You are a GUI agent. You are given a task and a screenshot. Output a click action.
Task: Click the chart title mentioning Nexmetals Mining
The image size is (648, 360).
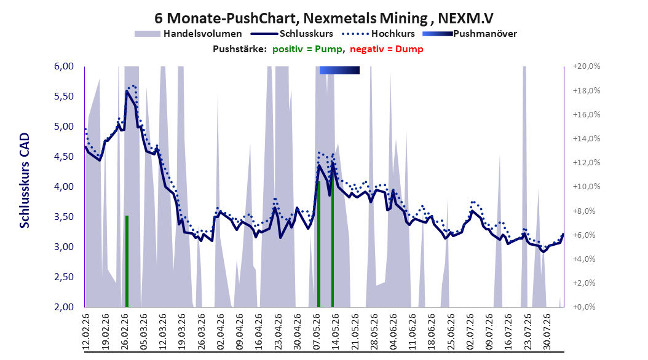pyautogui.click(x=323, y=18)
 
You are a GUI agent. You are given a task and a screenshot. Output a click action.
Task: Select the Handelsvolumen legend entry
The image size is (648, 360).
pyautogui.click(x=189, y=34)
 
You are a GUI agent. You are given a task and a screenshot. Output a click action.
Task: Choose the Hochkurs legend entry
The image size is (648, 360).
pyautogui.click(x=378, y=34)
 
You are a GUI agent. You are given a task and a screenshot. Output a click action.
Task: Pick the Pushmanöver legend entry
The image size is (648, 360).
pyautogui.click(x=470, y=34)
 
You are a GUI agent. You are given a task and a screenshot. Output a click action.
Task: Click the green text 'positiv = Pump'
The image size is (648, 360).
pyautogui.click(x=307, y=49)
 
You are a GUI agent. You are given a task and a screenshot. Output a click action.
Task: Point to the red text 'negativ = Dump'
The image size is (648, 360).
pyautogui.click(x=387, y=49)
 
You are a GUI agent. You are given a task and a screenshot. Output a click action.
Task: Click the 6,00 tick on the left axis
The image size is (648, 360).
pyautogui.click(x=64, y=66)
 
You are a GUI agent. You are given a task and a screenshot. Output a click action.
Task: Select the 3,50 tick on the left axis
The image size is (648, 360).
pyautogui.click(x=64, y=217)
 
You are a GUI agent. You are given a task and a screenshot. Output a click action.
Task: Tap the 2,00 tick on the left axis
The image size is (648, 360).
pyautogui.click(x=64, y=307)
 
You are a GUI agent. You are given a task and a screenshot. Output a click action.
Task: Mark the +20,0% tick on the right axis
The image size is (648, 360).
pyautogui.click(x=587, y=66)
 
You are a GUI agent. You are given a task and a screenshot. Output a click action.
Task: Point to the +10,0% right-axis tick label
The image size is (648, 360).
pyautogui.click(x=587, y=187)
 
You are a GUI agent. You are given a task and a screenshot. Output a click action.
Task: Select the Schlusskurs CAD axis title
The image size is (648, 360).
pyautogui.click(x=25, y=181)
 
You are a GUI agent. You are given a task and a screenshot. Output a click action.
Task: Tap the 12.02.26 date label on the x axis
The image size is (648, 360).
pyautogui.click(x=86, y=332)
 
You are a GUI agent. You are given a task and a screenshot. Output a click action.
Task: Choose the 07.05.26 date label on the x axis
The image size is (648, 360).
pyautogui.click(x=317, y=332)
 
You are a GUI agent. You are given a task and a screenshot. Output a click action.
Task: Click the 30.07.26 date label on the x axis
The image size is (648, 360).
pyautogui.click(x=547, y=332)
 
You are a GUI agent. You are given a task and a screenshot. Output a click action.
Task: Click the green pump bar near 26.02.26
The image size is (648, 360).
pyautogui.click(x=127, y=261)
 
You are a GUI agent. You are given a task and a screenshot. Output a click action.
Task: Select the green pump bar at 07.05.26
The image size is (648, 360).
pyautogui.click(x=318, y=244)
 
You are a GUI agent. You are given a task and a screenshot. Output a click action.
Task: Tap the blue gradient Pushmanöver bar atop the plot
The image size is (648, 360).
pyautogui.click(x=339, y=70)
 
